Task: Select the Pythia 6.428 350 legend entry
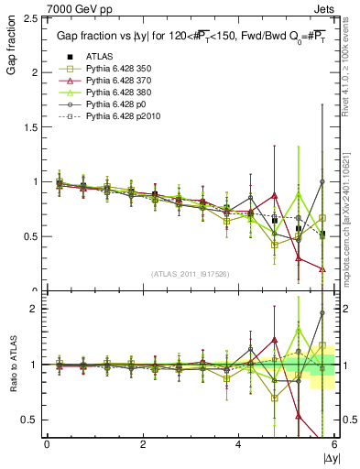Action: (x=111, y=68)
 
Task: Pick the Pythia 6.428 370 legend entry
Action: (x=111, y=81)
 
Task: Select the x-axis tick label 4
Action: (x=239, y=444)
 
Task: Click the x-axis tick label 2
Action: (x=143, y=444)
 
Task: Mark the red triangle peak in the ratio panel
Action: (x=274, y=340)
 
